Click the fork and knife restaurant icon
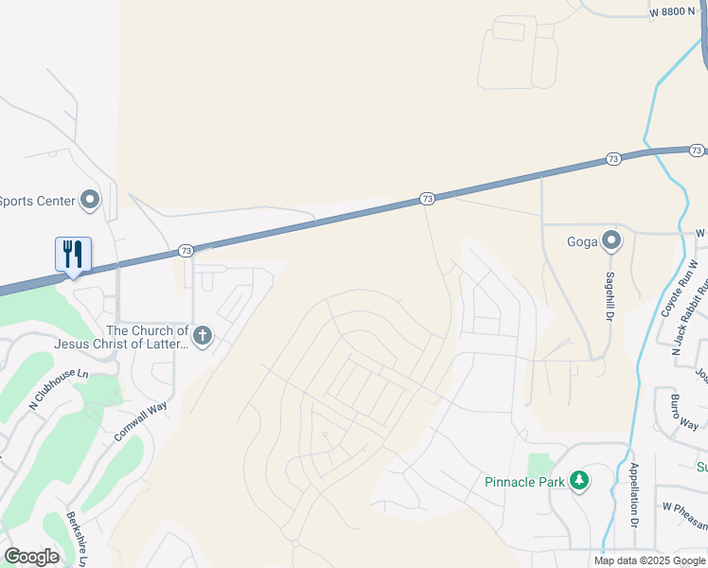coord(73,254)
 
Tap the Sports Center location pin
coord(90,200)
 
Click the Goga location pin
coord(611,240)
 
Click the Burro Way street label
coord(683,412)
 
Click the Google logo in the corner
coord(31,557)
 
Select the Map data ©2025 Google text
coord(649,560)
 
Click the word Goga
coord(582,241)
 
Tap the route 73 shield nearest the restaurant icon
coord(185,251)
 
